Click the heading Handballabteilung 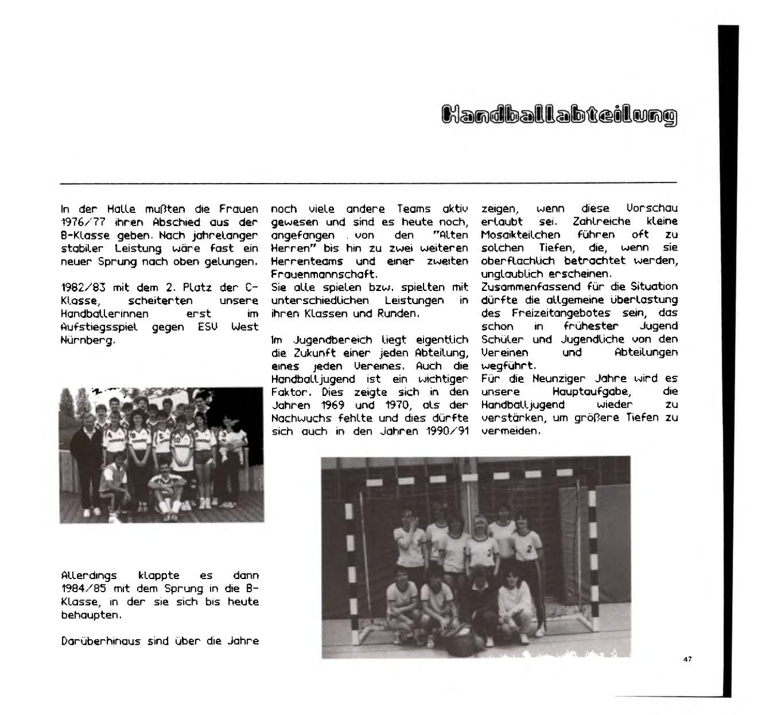tap(559, 116)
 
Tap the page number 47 tap(687, 660)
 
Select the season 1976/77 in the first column tap(81, 222)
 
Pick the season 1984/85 tap(81, 589)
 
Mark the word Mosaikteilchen tap(520, 235)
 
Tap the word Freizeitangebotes tap(559, 313)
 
